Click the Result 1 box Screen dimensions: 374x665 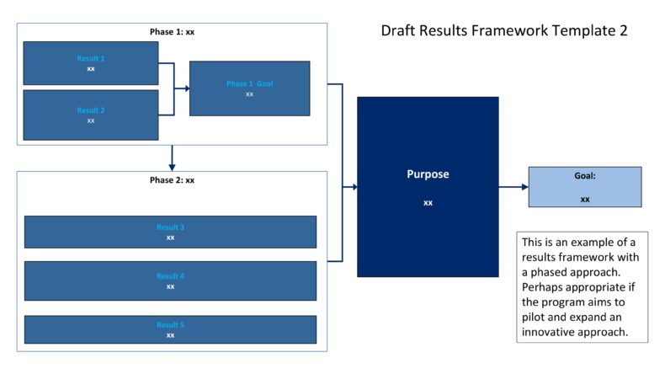pos(90,63)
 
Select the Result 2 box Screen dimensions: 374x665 pos(90,115)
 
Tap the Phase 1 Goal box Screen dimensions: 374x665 pos(249,88)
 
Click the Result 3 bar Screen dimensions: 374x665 pos(170,232)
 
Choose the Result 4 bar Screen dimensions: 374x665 pos(170,280)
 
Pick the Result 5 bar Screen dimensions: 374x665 pos(170,329)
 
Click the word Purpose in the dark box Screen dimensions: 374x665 pos(428,174)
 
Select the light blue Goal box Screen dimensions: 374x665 pos(584,187)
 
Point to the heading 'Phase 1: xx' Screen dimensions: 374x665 pos(172,32)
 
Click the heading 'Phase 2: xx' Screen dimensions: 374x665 pos(172,180)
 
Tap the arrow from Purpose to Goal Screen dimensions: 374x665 pos(513,187)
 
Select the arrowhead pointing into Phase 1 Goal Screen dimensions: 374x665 pos(186,88)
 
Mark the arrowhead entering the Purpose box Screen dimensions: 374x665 pos(354,187)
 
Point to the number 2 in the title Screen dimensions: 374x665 pos(623,30)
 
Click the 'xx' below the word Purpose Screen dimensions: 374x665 pos(428,202)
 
